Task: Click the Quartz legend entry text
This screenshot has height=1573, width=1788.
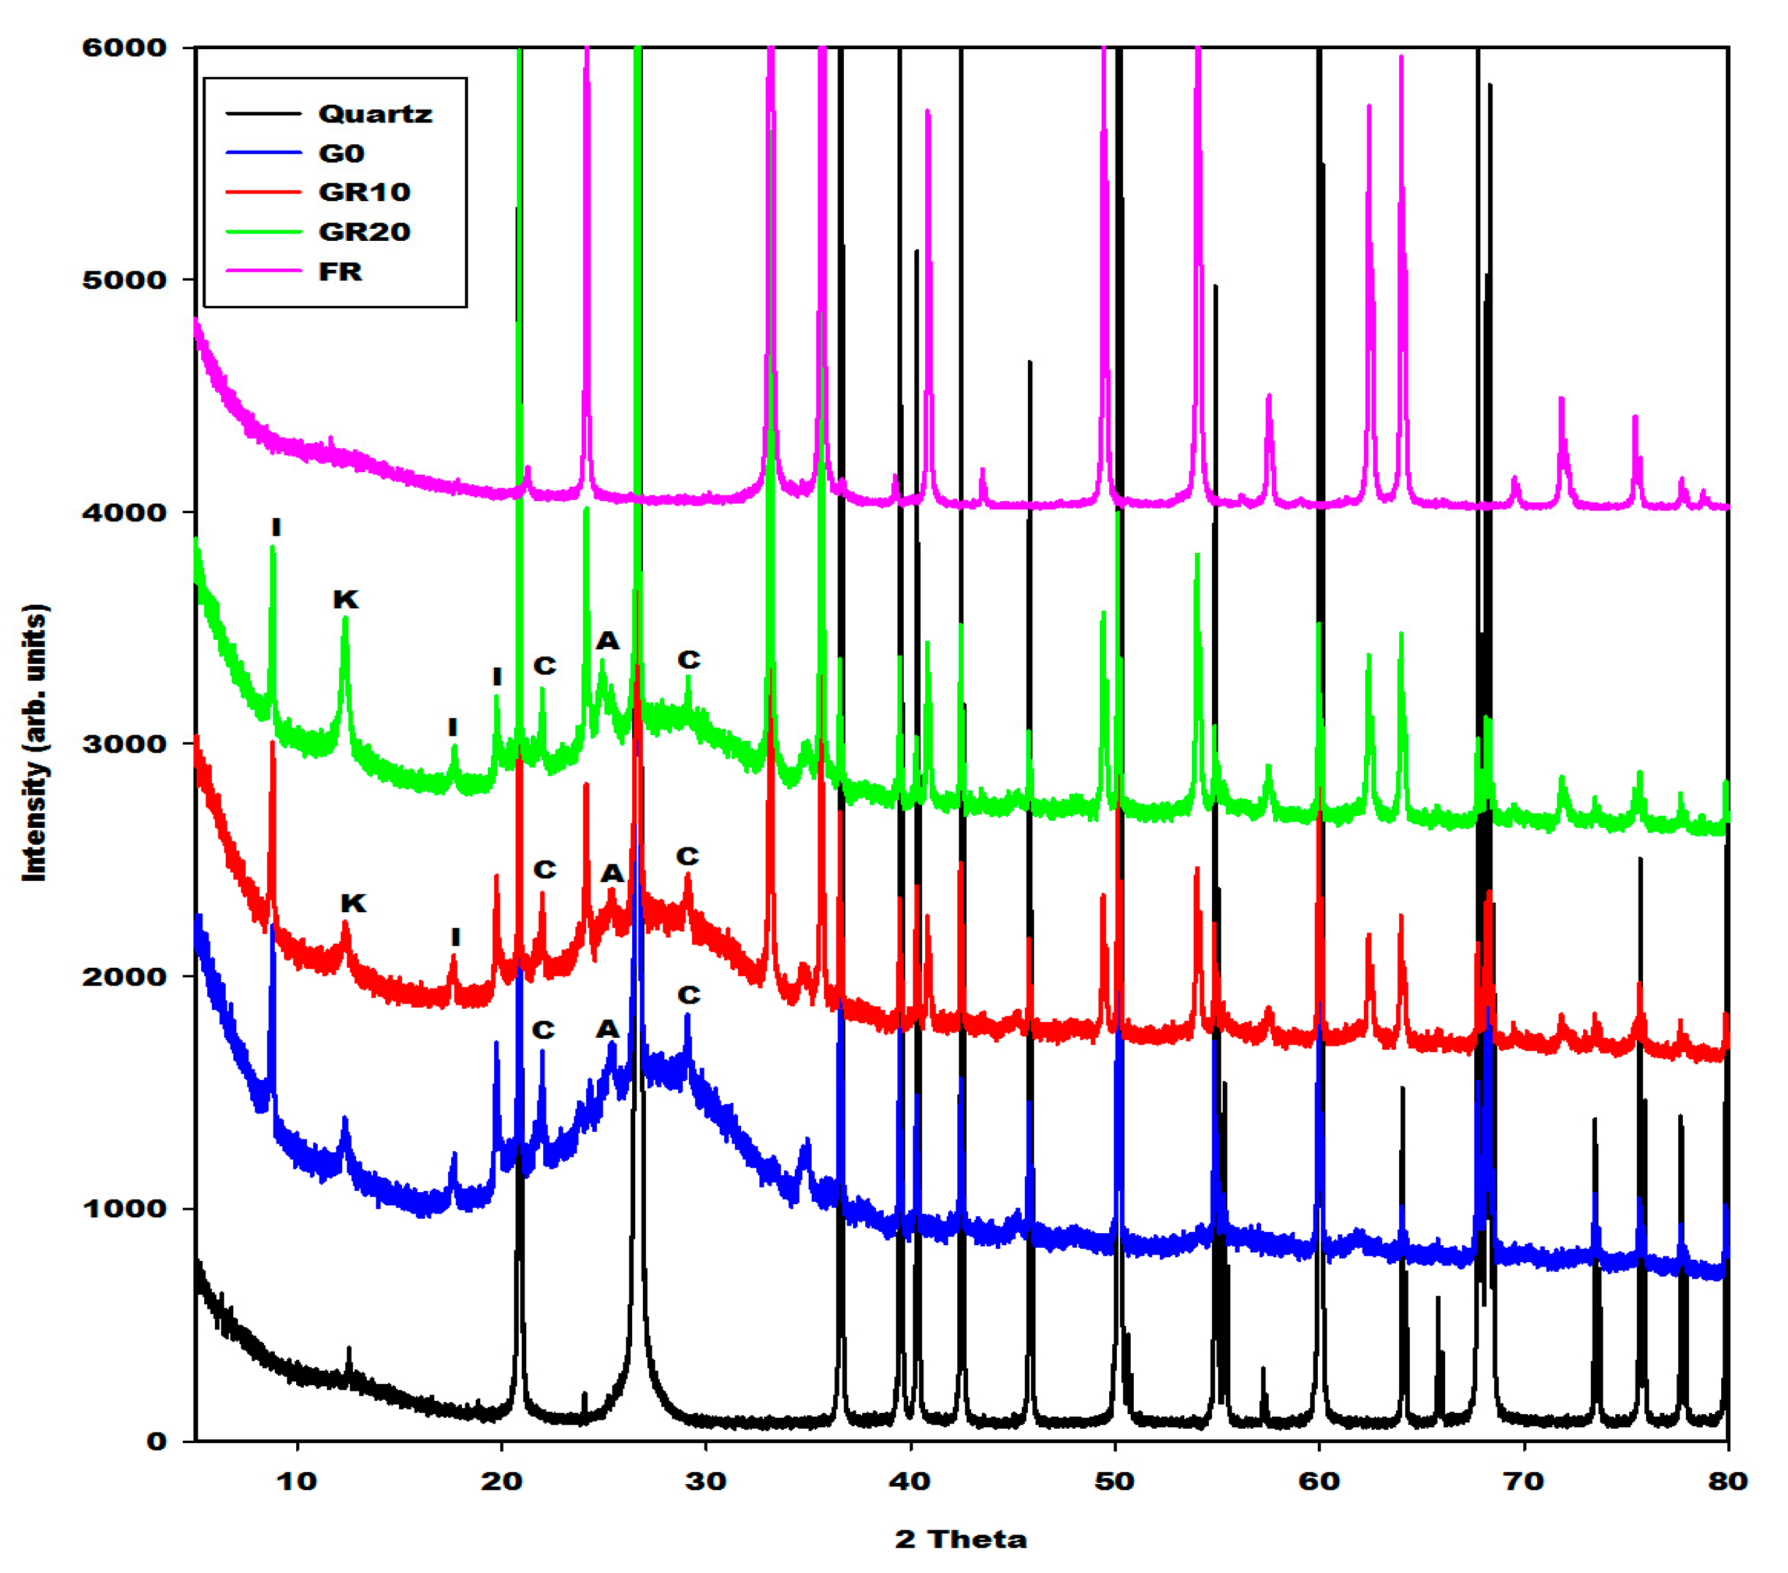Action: click(374, 113)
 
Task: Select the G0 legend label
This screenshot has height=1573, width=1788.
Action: click(340, 153)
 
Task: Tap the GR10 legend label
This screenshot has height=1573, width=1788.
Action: click(364, 192)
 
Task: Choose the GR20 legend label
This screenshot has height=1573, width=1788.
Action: click(364, 232)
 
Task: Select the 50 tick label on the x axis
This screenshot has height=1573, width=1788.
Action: click(1114, 1481)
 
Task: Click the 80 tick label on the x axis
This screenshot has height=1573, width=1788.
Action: click(1727, 1481)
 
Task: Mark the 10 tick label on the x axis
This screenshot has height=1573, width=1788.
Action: click(297, 1481)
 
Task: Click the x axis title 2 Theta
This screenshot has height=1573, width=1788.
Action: click(960, 1539)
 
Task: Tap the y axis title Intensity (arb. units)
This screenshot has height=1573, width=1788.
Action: click(35, 742)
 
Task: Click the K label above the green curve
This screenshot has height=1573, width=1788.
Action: click(345, 600)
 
